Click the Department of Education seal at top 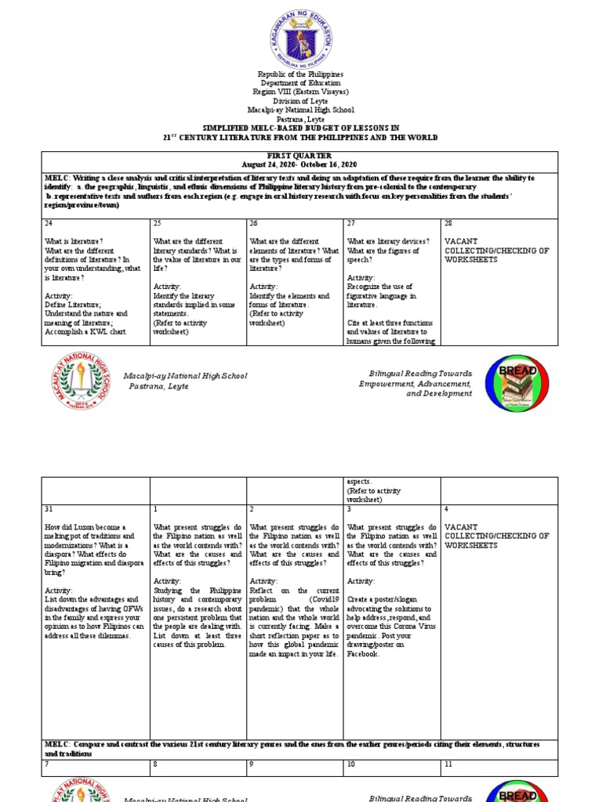coord(301,34)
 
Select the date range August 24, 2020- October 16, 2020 coord(301,165)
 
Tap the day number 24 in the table coord(49,223)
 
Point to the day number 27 coord(351,223)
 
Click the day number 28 coord(448,223)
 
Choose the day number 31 coord(49,509)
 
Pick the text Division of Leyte coord(301,100)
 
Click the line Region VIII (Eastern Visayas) coord(301,92)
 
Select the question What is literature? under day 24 coord(74,241)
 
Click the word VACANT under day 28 coord(461,241)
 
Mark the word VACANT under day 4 coord(461,527)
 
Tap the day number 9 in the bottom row coord(252,763)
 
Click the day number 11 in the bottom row coord(448,763)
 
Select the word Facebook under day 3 coord(364,653)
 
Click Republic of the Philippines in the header coord(301,74)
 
